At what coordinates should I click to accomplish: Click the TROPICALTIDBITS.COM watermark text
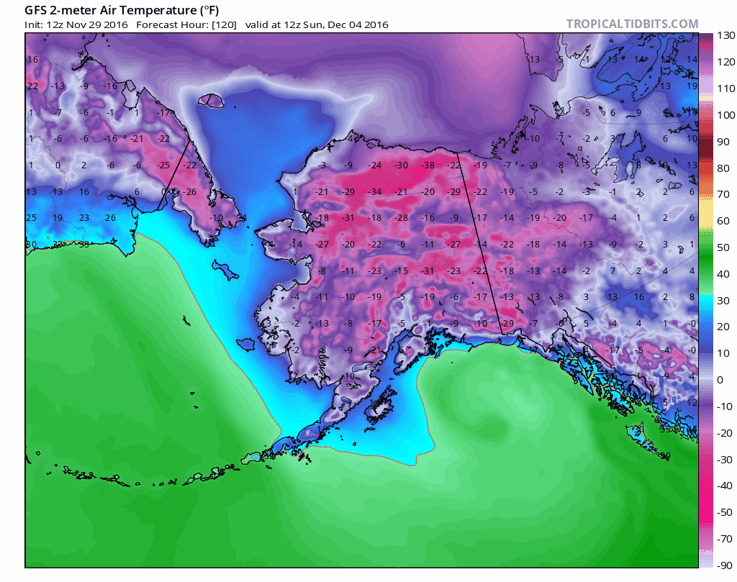coord(632,24)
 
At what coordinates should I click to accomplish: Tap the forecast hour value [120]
coord(224,24)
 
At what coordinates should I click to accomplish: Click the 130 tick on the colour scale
coord(725,35)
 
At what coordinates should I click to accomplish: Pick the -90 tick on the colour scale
coord(724,565)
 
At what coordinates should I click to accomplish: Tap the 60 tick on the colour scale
coord(723,221)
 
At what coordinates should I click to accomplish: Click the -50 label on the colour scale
coord(724,511)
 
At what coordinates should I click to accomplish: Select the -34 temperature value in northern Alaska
coord(375,192)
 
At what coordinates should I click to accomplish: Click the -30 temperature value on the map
coord(402,165)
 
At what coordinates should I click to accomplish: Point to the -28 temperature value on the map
coord(402,218)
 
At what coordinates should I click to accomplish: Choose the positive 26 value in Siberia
coord(110,218)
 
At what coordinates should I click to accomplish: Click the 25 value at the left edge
coord(31,218)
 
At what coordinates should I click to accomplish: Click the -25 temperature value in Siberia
coord(163,165)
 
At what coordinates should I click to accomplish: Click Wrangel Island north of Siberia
coord(210,101)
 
